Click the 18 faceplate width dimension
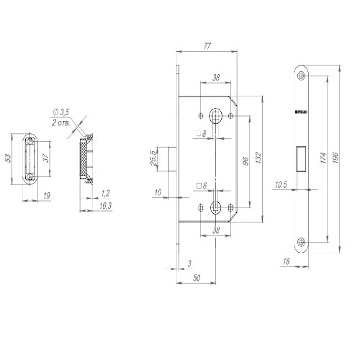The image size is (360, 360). [x=287, y=264]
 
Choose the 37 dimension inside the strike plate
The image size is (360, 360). [x=45, y=158]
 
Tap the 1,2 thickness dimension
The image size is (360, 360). [x=106, y=193]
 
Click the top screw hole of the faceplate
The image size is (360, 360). [x=302, y=76]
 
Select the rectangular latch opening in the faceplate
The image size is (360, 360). [x=302, y=159]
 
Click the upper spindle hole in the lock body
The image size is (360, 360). [x=215, y=114]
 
